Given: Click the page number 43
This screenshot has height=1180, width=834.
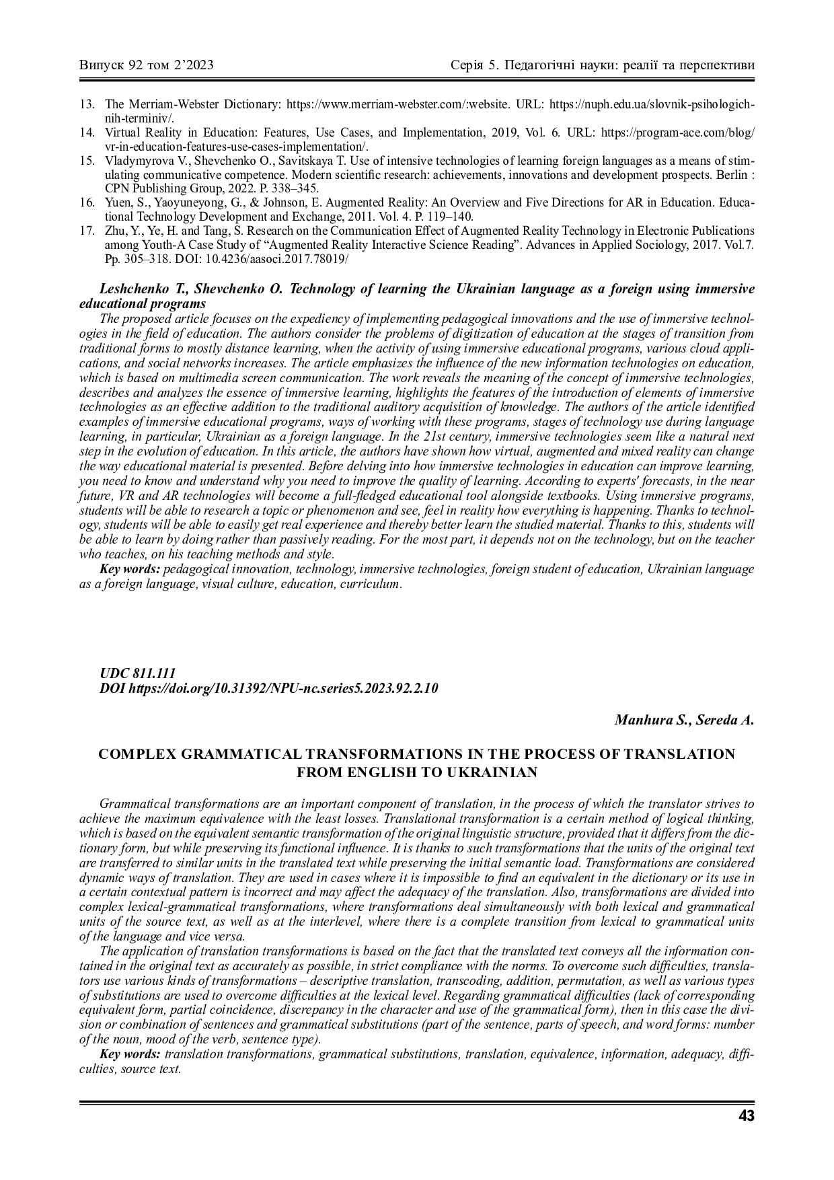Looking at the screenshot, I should (x=746, y=1116).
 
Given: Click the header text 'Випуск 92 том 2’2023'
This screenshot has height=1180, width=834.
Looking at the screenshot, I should (x=147, y=65).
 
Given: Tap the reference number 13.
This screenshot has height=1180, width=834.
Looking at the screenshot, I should (x=86, y=104).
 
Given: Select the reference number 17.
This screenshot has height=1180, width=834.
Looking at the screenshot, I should (x=86, y=231).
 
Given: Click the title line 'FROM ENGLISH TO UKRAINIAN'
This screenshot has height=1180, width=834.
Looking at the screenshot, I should (x=417, y=772).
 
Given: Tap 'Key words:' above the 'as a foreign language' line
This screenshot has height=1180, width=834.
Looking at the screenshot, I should (x=130, y=569).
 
